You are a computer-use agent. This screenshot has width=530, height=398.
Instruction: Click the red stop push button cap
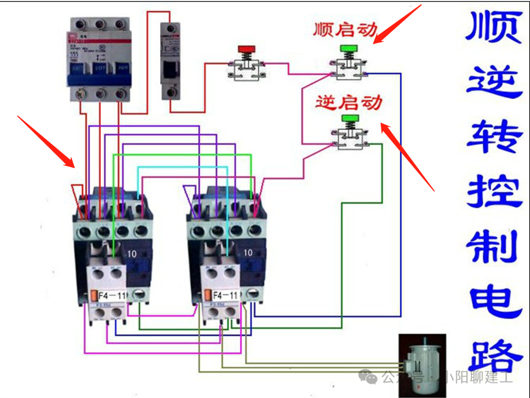(246, 48)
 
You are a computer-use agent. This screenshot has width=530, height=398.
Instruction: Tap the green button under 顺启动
(349, 48)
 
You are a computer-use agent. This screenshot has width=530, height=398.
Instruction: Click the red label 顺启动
(345, 30)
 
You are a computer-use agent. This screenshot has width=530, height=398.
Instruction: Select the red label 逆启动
(349, 102)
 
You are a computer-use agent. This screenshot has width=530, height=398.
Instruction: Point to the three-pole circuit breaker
(100, 58)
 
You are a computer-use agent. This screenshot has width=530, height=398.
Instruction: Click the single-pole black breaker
(170, 61)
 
